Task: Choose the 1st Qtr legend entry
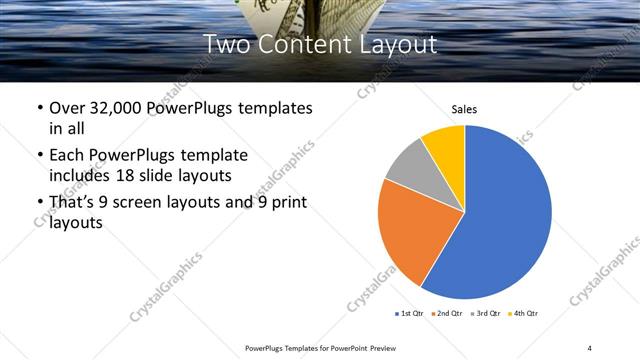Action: [411, 314]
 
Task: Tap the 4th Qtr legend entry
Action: [526, 314]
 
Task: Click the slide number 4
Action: [590, 347]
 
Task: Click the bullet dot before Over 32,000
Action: [39, 108]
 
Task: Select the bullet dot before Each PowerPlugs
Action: [39, 156]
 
